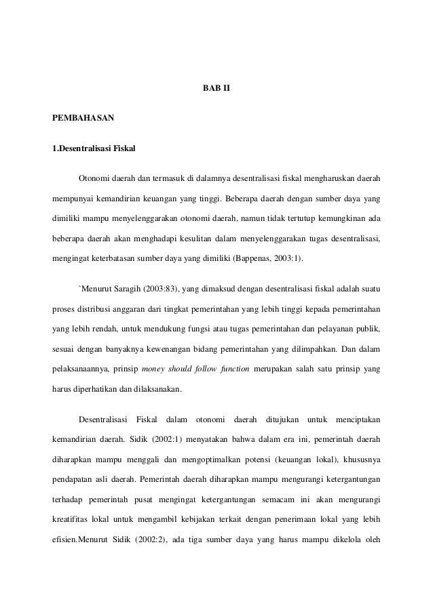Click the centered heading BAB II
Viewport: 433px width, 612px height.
point(216,89)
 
